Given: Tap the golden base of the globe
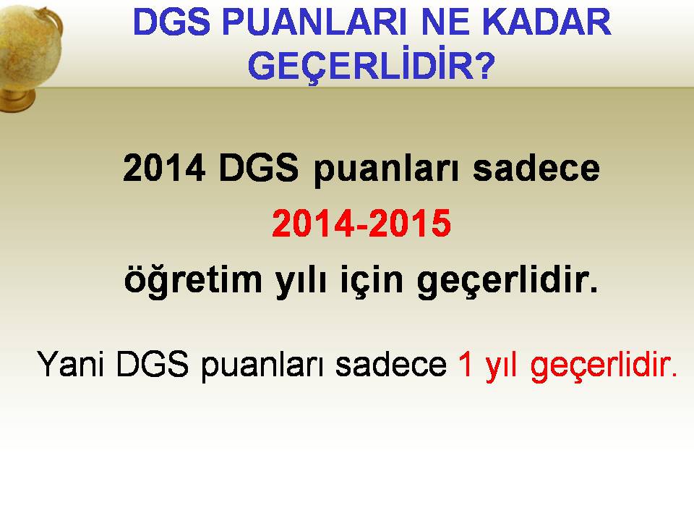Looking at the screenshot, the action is [17, 101].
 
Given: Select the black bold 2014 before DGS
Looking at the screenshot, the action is [164, 168].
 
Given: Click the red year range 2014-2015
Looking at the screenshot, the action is [361, 224].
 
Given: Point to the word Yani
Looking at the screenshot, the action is [71, 364].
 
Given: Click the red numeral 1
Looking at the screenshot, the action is [466, 364].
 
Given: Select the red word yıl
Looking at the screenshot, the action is [502, 366].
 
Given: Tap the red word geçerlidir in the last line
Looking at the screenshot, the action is [604, 366].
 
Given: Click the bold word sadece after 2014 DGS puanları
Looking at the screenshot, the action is [536, 169].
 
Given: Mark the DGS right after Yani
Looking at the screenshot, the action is [153, 364].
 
